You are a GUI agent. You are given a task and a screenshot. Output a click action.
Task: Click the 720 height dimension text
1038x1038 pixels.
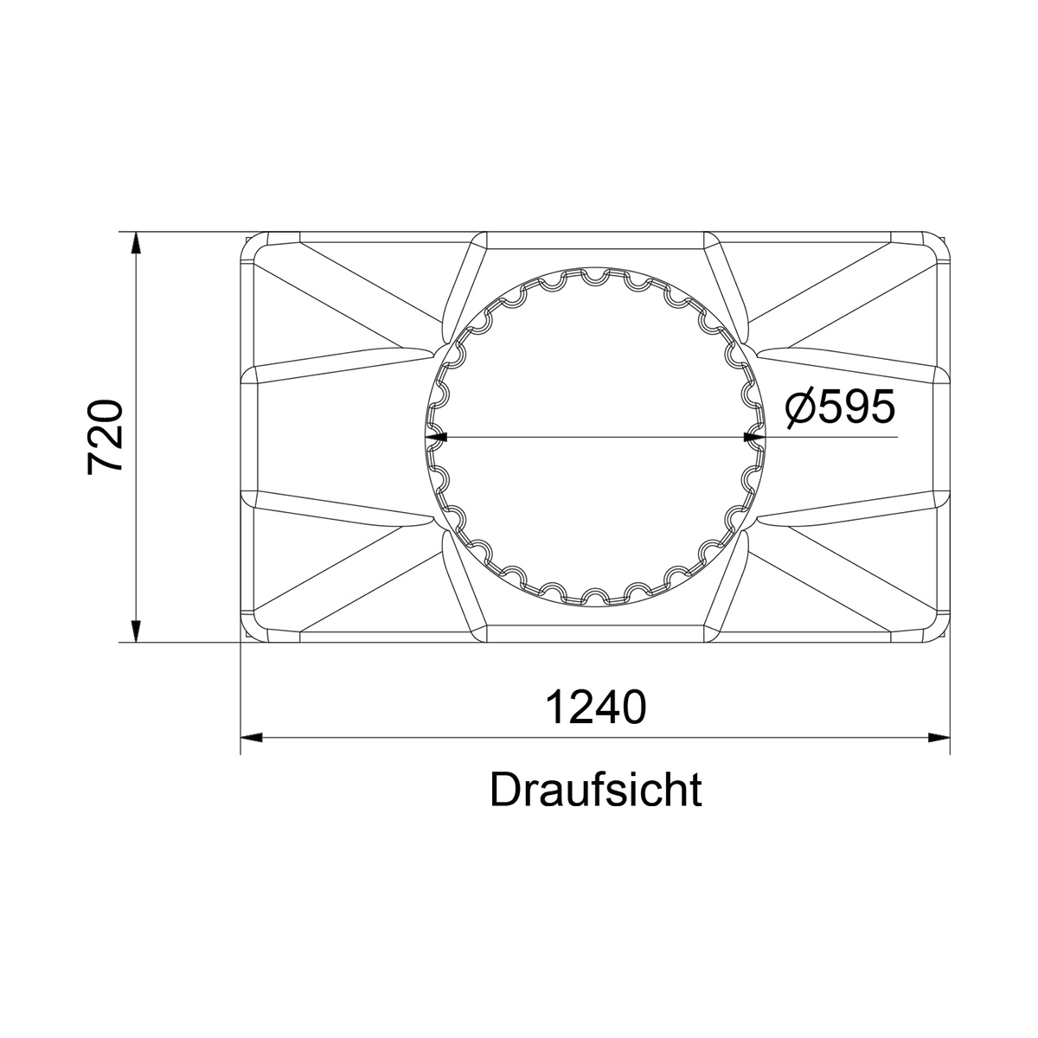click(105, 437)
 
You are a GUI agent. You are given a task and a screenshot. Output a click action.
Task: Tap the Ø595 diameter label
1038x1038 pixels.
click(840, 407)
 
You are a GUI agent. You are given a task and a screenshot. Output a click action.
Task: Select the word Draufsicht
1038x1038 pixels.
click(596, 790)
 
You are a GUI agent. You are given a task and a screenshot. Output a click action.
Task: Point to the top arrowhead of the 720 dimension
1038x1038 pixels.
click(137, 243)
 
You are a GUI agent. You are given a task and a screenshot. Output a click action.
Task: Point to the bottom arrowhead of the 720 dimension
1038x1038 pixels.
click(137, 631)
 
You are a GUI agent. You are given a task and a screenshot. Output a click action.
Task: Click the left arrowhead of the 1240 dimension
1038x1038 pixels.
click(251, 738)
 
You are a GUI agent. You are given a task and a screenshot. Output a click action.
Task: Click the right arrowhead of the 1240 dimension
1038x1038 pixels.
click(939, 738)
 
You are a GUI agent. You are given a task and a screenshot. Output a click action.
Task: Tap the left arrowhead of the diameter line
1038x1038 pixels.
click(436, 437)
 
